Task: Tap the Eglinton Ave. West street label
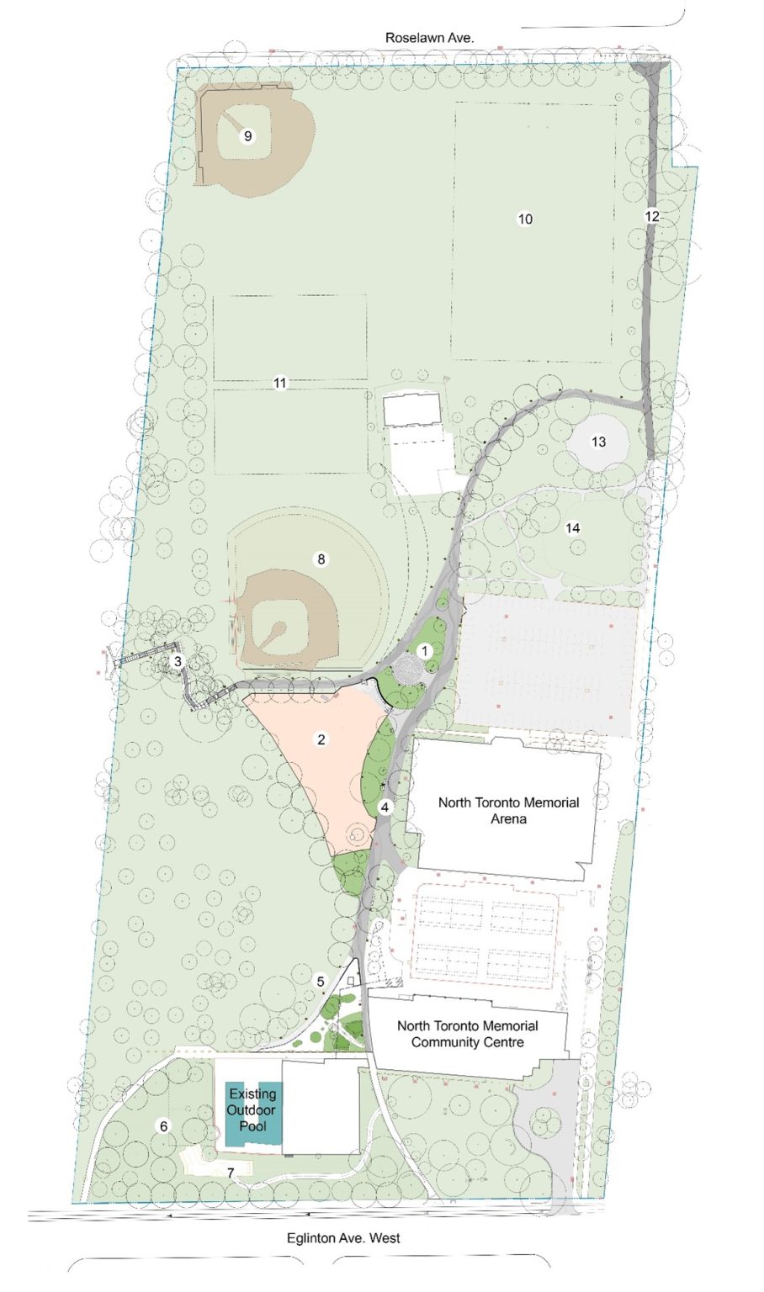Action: (342, 1238)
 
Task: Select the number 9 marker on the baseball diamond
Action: (247, 135)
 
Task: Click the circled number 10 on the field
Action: (525, 219)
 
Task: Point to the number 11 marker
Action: (280, 383)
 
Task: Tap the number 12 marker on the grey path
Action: (652, 216)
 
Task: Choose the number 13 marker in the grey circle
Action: (598, 442)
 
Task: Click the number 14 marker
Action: (573, 528)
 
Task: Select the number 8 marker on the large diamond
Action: (321, 559)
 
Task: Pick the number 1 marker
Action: (425, 650)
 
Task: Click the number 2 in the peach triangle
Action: (321, 739)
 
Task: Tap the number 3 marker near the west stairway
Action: (178, 662)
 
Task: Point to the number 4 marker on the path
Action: (385, 807)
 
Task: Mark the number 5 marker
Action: (321, 981)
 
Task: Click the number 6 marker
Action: (164, 1126)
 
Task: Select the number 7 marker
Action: (231, 1172)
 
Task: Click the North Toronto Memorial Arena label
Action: (508, 810)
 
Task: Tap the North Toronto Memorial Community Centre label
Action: (467, 1034)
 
